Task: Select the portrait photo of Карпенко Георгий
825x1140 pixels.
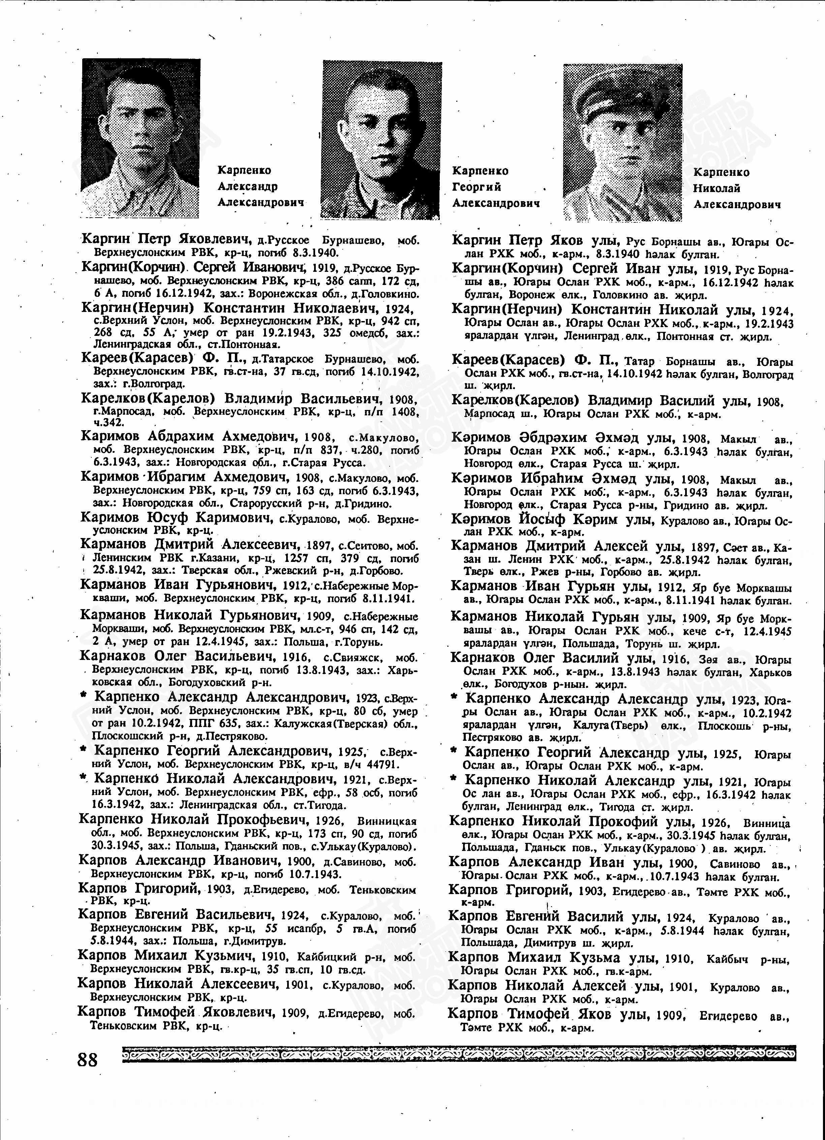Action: (382, 141)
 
